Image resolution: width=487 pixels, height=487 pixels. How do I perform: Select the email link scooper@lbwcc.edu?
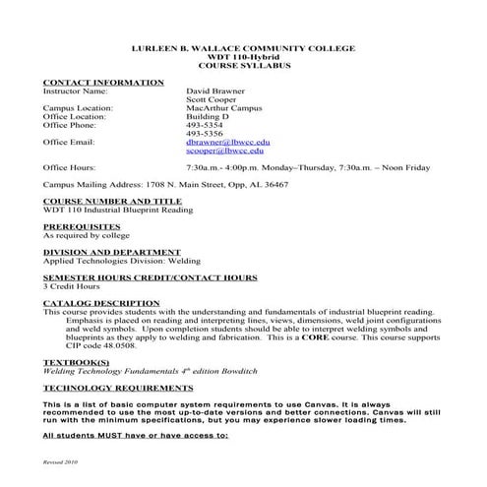220,152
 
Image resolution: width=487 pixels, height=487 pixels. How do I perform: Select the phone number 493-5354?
204,125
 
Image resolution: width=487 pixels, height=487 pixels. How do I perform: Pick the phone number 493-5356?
204,134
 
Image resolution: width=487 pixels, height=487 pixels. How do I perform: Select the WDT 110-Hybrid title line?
243,56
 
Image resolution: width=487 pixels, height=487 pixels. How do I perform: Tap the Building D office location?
207,116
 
